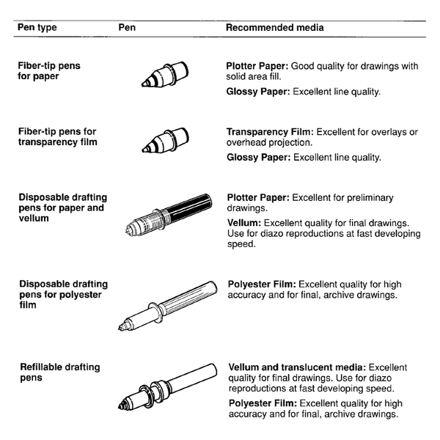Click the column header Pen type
[x=37, y=28]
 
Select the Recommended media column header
[x=274, y=28]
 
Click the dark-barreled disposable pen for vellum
[x=168, y=216]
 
